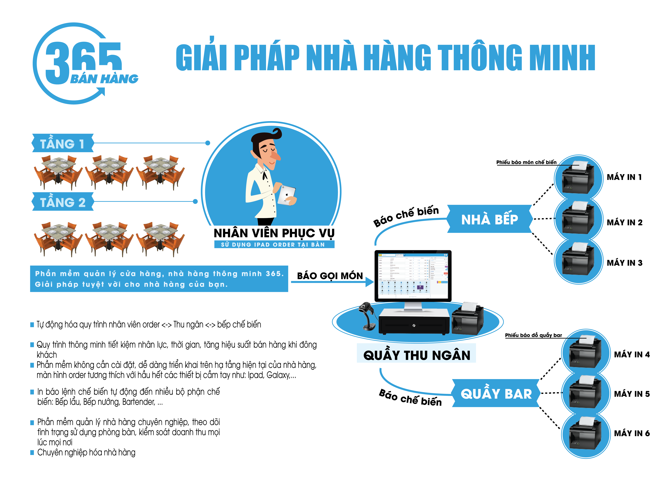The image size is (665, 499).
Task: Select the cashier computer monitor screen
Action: coord(413,275)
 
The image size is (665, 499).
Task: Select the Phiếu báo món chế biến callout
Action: coord(526,162)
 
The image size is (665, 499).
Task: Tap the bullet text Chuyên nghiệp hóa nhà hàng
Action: coord(86,452)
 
